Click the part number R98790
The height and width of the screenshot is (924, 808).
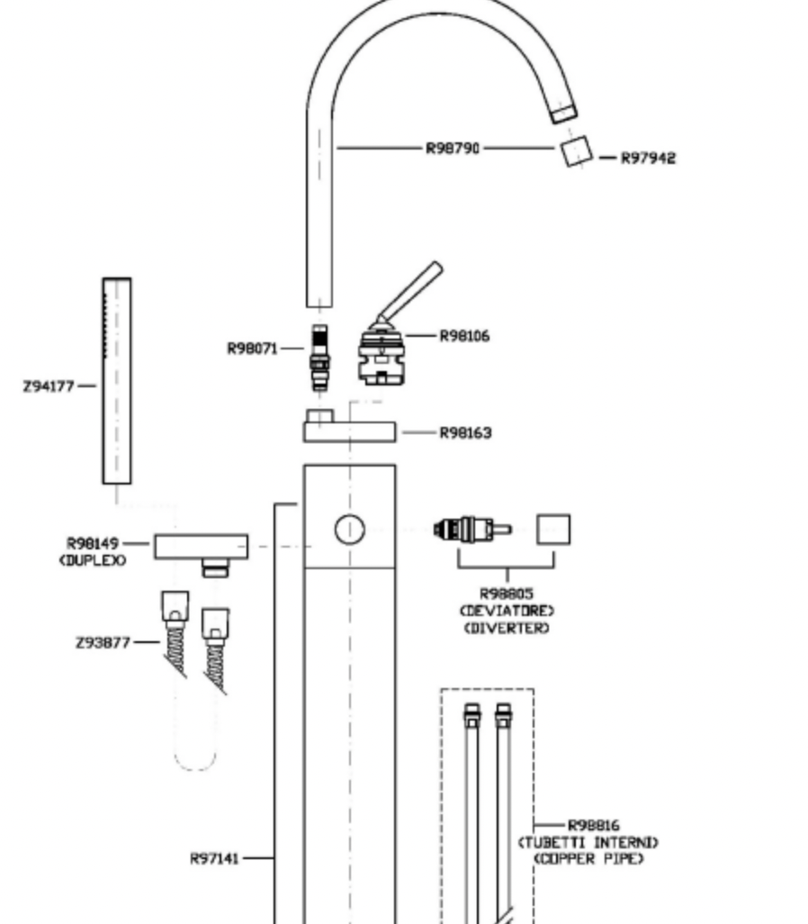(453, 148)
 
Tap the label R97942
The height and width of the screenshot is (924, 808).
(649, 158)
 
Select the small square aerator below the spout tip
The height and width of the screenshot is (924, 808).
(576, 151)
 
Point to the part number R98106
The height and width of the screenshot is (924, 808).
(464, 336)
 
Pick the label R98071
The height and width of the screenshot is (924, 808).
(253, 349)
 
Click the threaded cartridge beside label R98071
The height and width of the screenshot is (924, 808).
(319, 358)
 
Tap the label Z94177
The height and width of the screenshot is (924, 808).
(49, 386)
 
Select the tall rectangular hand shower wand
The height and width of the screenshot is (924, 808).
(117, 381)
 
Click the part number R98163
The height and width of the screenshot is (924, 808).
(465, 433)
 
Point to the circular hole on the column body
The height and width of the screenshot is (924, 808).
(350, 530)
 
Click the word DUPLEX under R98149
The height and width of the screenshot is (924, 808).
(93, 560)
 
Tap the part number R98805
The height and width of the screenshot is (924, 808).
(507, 593)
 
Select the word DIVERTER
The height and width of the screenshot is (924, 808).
(507, 629)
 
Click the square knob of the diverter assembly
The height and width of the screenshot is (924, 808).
(553, 530)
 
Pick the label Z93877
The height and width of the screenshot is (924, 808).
(103, 642)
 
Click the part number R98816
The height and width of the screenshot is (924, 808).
(593, 826)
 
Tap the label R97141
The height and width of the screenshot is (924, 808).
(214, 858)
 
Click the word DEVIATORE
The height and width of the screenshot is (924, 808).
(507, 611)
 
